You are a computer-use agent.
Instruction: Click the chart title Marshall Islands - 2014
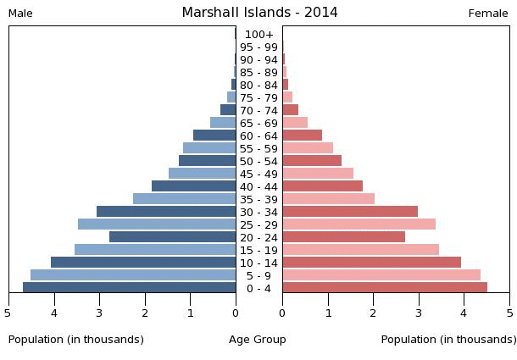(x=259, y=13)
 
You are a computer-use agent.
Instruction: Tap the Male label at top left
(x=20, y=14)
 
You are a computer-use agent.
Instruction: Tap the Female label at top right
(x=488, y=14)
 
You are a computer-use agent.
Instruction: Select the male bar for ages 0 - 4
(x=130, y=288)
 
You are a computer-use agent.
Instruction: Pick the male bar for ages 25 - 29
(x=157, y=224)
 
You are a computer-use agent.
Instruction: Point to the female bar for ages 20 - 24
(x=344, y=237)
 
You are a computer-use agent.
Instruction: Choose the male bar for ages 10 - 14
(x=143, y=263)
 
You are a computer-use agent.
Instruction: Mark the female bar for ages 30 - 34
(x=350, y=212)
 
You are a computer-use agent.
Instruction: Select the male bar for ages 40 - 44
(x=194, y=186)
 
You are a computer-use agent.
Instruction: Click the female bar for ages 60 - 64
(x=303, y=136)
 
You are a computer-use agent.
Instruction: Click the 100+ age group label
(x=258, y=35)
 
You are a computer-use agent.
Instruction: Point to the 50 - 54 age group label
(x=258, y=162)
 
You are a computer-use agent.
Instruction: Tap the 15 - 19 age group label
(x=258, y=251)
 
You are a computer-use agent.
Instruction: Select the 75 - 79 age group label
(x=258, y=98)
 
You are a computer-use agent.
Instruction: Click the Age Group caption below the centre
(x=258, y=340)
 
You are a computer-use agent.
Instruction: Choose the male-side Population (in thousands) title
(x=76, y=340)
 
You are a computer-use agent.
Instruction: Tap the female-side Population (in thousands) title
(x=448, y=340)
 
